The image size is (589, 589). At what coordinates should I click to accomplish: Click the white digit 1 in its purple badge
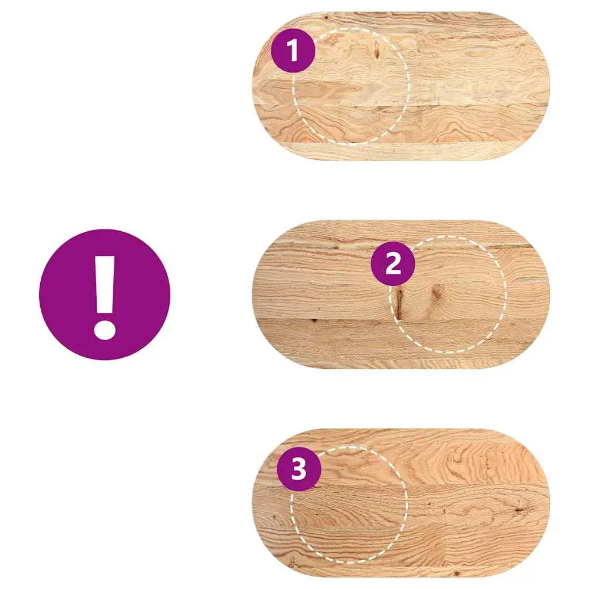click(x=293, y=51)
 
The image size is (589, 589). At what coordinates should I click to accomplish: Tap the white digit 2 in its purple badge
click(x=393, y=263)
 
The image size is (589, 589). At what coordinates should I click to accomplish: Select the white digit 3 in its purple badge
click(x=299, y=469)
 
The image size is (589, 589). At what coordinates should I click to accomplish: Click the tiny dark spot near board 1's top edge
click(x=326, y=17)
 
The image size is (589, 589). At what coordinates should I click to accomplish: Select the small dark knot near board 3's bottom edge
click(x=457, y=573)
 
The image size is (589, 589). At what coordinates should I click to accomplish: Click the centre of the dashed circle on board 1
click(x=350, y=86)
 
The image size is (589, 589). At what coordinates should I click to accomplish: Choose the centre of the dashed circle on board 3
click(x=349, y=504)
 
